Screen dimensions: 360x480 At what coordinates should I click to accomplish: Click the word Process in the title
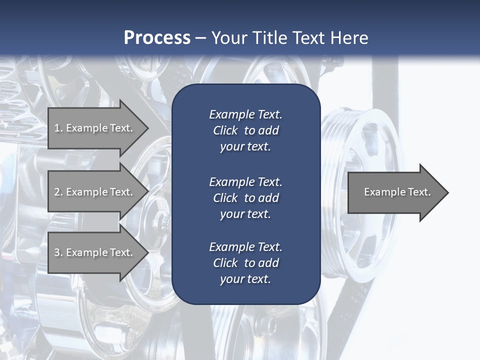157,37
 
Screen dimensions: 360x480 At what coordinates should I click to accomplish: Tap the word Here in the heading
348,37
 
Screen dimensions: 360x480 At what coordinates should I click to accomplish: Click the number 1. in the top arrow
58,128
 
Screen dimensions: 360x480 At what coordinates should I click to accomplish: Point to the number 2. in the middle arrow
58,192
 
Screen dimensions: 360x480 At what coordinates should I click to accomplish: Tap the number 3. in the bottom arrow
58,252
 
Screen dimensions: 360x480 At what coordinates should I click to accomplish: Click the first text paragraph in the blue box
245,130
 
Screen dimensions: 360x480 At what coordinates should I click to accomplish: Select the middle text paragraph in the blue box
245,197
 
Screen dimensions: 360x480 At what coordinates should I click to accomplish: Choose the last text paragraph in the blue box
245,263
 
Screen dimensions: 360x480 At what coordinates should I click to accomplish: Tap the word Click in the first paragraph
225,130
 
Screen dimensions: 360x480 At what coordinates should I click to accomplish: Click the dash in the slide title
201,38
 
